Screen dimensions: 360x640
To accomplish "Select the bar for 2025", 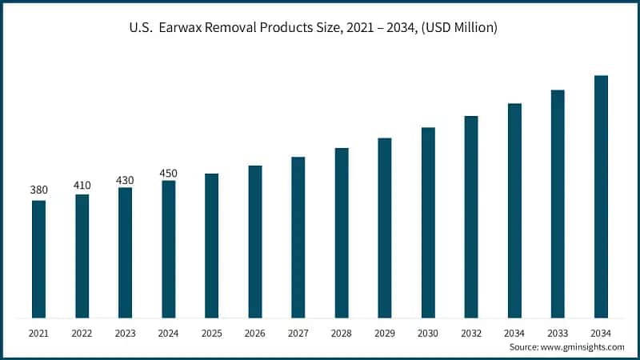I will point(212,246).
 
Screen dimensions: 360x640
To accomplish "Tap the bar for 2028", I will point(342,233).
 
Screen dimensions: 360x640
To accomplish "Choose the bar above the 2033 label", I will point(558,204).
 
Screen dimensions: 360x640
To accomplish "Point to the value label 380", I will point(38,190).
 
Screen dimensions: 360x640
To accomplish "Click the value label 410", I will point(82,185).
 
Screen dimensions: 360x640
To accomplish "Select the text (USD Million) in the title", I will point(460,28).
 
